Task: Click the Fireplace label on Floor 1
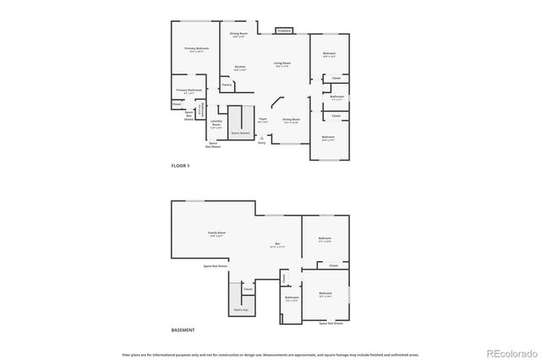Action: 286,30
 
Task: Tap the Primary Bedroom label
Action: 197,50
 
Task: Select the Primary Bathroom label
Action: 189,90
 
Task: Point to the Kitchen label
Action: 240,68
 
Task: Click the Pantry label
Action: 227,85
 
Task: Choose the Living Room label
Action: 282,63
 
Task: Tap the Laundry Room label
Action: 216,124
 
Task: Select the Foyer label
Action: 263,120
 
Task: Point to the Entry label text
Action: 262,142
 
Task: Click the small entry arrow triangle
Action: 262,136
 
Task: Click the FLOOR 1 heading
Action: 181,166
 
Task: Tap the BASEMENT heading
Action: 183,330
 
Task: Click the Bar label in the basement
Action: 277,245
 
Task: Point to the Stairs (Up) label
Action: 241,309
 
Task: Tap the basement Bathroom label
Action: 292,297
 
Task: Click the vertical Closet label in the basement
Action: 285,278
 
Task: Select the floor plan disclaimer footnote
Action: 270,355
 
